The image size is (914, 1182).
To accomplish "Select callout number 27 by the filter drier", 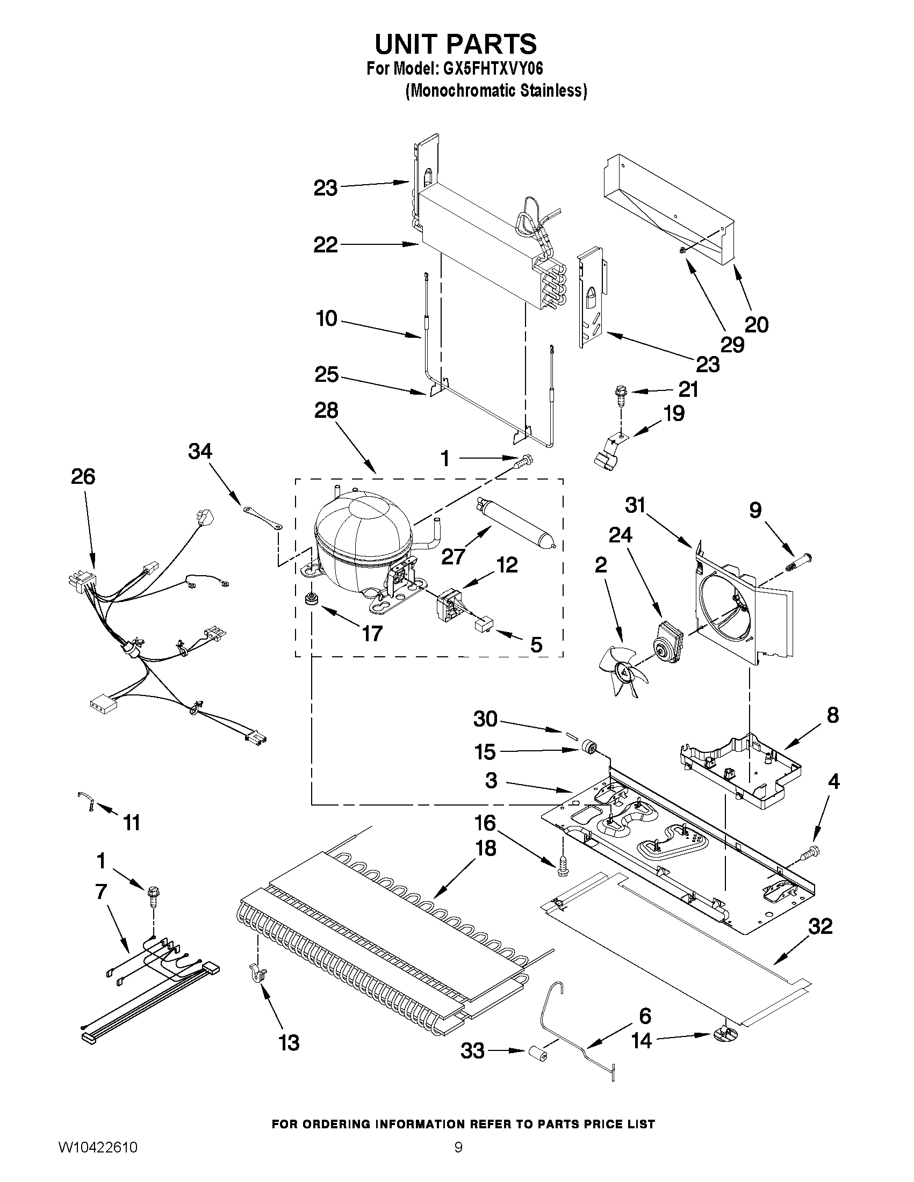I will pos(452,556).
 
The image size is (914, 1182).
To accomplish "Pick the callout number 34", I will pos(200,451).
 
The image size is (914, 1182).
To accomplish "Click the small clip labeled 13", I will pos(257,973).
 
